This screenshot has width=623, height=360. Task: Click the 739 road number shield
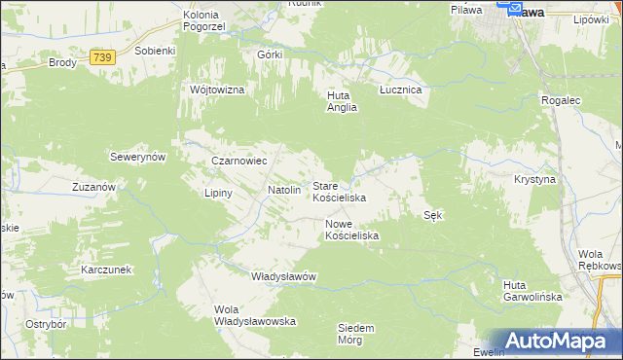click(102, 58)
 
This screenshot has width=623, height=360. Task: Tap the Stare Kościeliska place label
click(338, 192)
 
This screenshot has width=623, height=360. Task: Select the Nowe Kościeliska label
click(350, 230)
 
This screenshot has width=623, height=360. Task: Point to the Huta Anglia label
click(342, 101)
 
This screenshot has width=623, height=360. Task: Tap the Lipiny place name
click(218, 193)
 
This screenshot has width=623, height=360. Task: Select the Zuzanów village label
click(94, 186)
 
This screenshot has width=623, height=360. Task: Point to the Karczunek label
click(106, 269)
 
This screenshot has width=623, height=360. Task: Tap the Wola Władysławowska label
click(254, 315)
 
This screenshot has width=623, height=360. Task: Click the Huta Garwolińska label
click(532, 291)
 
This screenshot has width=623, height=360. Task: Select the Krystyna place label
click(534, 180)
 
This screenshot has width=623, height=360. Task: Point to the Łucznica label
click(399, 90)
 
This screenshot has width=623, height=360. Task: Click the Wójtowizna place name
click(217, 90)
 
